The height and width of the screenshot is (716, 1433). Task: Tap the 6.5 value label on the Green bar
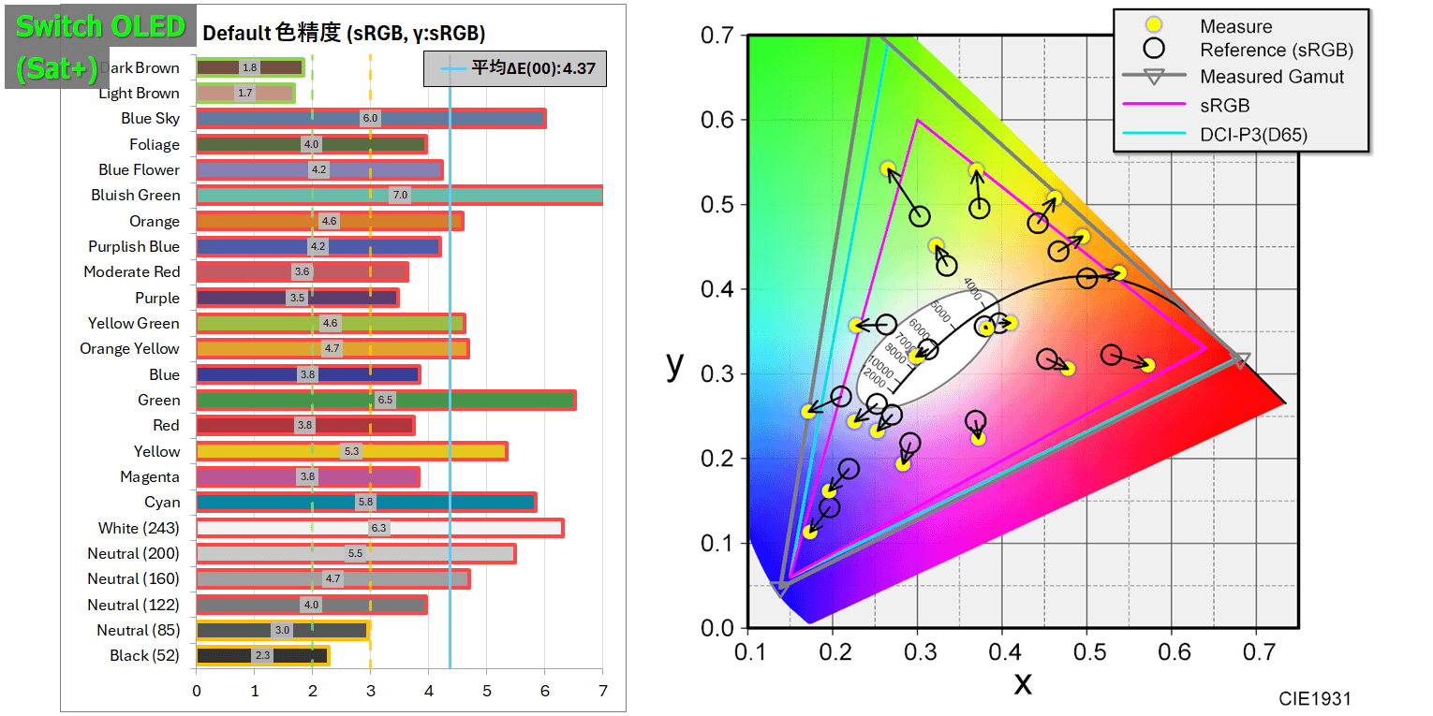pyautogui.click(x=385, y=400)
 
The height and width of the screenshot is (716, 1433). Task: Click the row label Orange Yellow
pyautogui.click(x=129, y=348)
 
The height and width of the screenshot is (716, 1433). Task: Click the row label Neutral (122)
pyautogui.click(x=133, y=605)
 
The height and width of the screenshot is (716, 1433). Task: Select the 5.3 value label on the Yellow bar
pyautogui.click(x=352, y=451)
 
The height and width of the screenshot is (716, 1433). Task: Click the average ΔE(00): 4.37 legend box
pyautogui.click(x=515, y=68)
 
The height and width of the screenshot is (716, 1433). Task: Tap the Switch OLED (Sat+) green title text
pyautogui.click(x=101, y=47)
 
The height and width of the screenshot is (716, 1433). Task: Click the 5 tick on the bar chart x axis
pyautogui.click(x=486, y=692)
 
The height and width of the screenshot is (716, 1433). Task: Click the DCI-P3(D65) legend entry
pyautogui.click(x=1253, y=135)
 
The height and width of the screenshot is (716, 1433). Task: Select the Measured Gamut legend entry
pyautogui.click(x=1272, y=77)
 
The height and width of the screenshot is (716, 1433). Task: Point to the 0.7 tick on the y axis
pyautogui.click(x=718, y=36)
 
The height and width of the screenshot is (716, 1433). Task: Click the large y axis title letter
pyautogui.click(x=675, y=365)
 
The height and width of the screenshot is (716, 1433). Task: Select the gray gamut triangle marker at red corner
pyautogui.click(x=1240, y=360)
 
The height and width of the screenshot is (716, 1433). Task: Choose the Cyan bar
pyautogui.click(x=365, y=502)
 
